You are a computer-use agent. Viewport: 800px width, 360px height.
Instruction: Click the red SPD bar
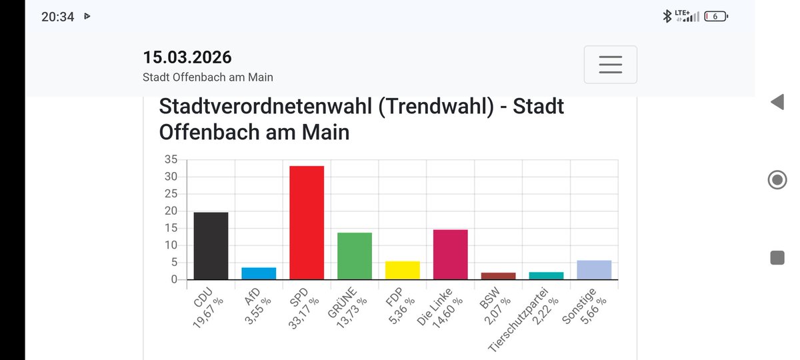pos(307,223)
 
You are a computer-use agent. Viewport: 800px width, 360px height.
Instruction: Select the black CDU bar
pos(211,246)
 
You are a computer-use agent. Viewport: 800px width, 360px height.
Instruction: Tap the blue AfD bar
pos(259,273)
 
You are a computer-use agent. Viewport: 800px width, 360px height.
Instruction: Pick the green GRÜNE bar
pos(355,256)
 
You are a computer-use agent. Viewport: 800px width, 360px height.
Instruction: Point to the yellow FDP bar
pos(403,270)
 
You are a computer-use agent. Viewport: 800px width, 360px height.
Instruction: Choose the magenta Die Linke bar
pos(451,255)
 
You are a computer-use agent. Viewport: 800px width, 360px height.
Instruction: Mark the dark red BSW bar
pos(499,276)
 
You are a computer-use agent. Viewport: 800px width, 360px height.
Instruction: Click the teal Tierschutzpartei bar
pos(547,275)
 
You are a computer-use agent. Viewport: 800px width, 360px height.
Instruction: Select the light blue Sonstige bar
pos(595,270)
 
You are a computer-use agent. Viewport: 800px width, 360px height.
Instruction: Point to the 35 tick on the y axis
pos(171,159)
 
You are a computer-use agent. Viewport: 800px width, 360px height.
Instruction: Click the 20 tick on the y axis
pos(171,211)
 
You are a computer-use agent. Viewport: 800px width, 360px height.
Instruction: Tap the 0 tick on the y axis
pos(174,279)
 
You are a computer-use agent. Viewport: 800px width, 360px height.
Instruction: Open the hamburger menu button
pos(610,65)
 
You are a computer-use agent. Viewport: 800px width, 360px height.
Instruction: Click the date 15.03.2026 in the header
pos(187,57)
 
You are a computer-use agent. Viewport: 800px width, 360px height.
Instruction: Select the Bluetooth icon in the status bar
pos(667,17)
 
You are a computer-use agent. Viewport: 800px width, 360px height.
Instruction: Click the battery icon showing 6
pos(716,17)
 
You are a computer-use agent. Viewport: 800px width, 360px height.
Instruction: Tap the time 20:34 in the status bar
pos(57,17)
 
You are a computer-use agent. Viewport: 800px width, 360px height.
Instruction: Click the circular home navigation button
pos(777,180)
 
